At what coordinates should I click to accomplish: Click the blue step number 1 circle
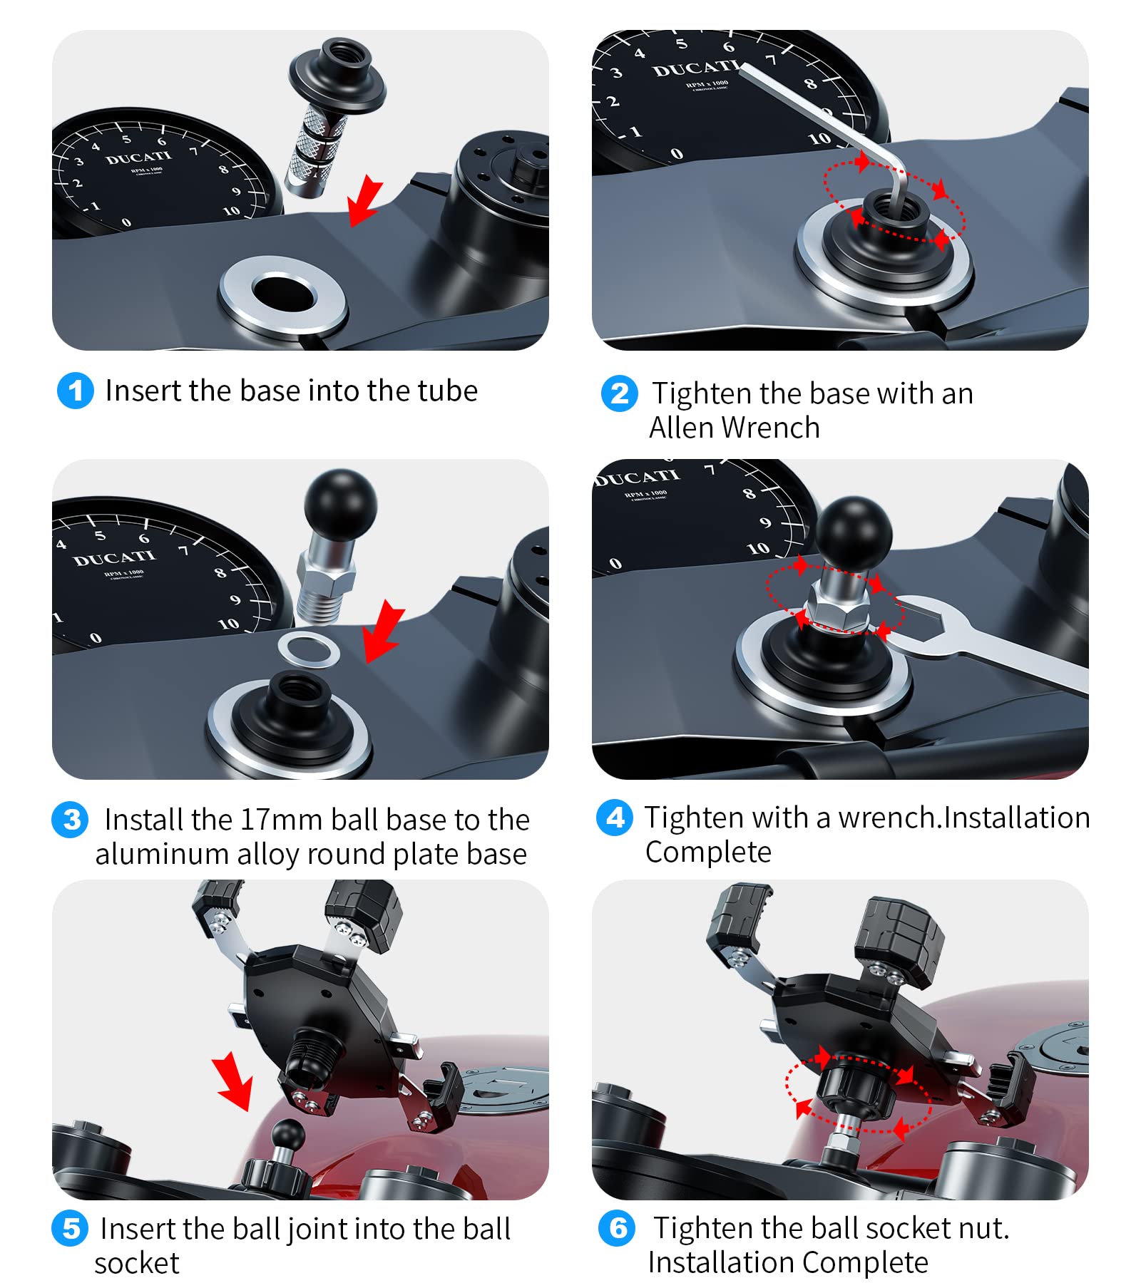coord(75,391)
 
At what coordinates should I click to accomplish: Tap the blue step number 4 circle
coord(614,818)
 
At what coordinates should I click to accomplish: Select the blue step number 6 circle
coord(617,1228)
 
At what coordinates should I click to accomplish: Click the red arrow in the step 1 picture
coord(366,200)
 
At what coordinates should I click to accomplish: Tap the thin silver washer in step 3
coord(308,649)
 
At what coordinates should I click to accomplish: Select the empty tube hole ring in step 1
coord(283,294)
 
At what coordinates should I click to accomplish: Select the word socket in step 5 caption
coord(136,1263)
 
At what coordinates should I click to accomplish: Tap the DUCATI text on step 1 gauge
coord(139,158)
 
